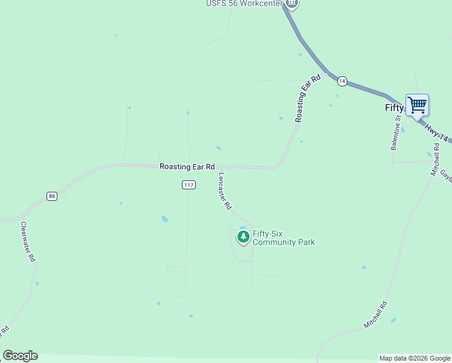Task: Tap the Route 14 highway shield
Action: [x=342, y=80]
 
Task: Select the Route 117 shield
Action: [x=189, y=185]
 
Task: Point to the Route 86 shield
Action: [x=52, y=196]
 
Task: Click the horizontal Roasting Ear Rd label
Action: [x=187, y=166]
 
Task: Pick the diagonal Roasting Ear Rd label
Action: [x=308, y=99]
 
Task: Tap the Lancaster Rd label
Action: [x=224, y=191]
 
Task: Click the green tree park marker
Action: [x=243, y=237]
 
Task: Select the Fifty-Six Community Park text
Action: [x=283, y=238]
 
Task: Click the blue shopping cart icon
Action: [x=417, y=105]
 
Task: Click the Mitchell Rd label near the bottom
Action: [x=375, y=315]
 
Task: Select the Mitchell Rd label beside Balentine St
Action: [x=435, y=160]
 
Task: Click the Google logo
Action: [x=20, y=356]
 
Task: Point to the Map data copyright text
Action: [x=415, y=358]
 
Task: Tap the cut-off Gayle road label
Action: [x=446, y=175]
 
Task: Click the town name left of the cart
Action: [x=394, y=108]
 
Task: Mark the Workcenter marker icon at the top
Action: [x=292, y=4]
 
